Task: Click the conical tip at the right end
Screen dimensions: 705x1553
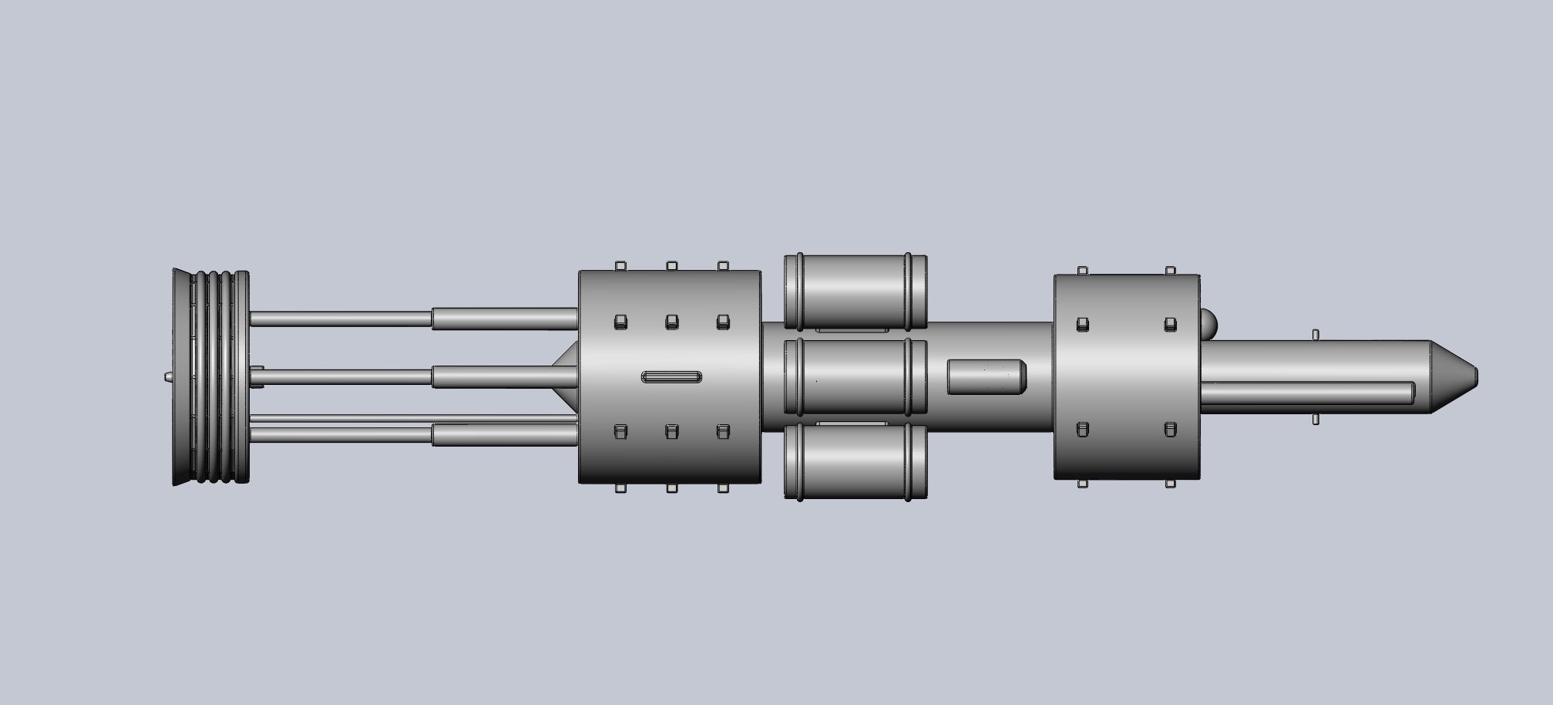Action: (x=1453, y=376)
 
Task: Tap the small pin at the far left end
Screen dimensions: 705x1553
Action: (x=167, y=377)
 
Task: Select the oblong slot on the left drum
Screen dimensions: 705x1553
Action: (x=671, y=377)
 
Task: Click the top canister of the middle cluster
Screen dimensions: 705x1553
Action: (x=854, y=291)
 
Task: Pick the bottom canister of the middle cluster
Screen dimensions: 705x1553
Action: (x=854, y=461)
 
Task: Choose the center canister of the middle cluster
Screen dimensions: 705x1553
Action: (x=854, y=377)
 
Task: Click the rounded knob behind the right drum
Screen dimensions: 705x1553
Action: (x=1208, y=323)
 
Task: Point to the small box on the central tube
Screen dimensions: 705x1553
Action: (x=986, y=377)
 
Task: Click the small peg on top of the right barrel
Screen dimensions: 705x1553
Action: (x=1316, y=336)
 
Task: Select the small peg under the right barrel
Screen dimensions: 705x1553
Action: (x=1316, y=419)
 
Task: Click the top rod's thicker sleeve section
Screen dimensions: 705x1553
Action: (x=505, y=319)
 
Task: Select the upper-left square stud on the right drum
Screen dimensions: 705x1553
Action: (x=1082, y=324)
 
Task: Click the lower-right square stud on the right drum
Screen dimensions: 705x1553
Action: (x=1170, y=429)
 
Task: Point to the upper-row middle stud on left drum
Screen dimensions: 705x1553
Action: (x=671, y=322)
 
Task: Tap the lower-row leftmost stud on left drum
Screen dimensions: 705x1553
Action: (x=620, y=431)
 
